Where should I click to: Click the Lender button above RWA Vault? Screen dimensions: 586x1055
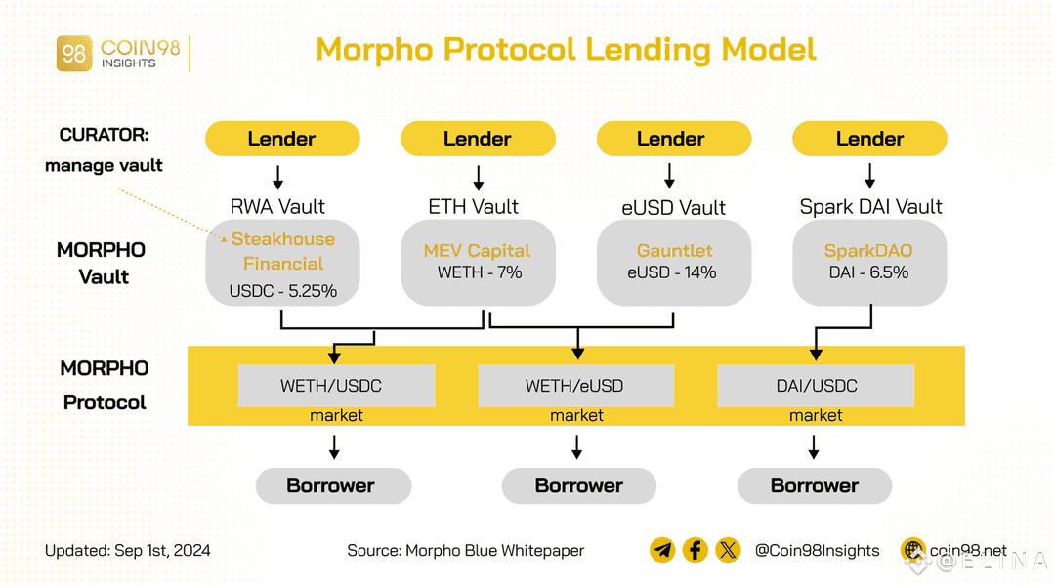coord(282,139)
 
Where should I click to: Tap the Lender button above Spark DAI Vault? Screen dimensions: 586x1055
coord(869,139)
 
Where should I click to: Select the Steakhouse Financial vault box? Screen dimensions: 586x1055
coord(282,263)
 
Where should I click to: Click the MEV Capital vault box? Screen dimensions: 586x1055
coord(478,262)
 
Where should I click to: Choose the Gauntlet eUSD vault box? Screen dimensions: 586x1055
coord(674,262)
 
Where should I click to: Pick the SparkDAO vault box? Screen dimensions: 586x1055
coord(869,262)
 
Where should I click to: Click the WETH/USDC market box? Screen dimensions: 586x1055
coord(336,386)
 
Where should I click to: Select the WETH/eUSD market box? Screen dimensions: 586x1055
coord(576,386)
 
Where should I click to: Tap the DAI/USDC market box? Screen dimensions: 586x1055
coord(816,386)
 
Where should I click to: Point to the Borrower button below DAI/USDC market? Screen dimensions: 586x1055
coord(815,485)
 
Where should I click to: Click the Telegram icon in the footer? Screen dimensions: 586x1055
coord(662,550)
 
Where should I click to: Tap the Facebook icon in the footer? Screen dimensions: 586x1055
coord(695,550)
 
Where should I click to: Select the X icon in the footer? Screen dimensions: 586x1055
coord(728,550)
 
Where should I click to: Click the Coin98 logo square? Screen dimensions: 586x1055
coord(74,53)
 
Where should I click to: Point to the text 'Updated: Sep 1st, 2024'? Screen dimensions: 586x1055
coord(127,551)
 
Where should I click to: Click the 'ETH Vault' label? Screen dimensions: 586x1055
coord(473,207)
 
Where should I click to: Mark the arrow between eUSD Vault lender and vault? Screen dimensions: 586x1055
coord(670,176)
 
